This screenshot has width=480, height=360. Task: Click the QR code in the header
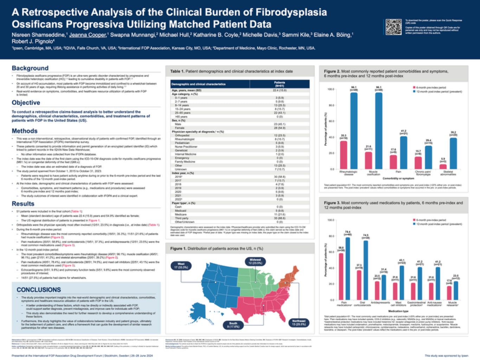[x=393, y=27]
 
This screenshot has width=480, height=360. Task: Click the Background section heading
[x=30, y=68]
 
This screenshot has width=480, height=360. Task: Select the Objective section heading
[x=26, y=103]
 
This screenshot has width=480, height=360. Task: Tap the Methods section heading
[x=25, y=131]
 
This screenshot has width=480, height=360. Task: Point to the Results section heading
[x=23, y=204]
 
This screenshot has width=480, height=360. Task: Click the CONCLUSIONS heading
[x=39, y=290]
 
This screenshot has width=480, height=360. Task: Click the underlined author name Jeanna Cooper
[x=88, y=35]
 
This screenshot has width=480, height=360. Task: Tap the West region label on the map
[x=181, y=265]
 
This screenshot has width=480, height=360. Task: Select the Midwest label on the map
[x=255, y=261]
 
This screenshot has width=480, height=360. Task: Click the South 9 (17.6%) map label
[x=233, y=325]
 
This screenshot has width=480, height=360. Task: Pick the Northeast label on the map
[x=299, y=322]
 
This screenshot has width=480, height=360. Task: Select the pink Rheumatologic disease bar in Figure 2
[x=343, y=155]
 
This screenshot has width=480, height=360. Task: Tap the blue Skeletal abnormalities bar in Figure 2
[x=453, y=153]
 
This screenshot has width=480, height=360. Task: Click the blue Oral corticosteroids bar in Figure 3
[x=366, y=270]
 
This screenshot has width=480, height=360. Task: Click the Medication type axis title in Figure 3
[x=398, y=311]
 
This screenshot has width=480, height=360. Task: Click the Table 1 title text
[x=231, y=71]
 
